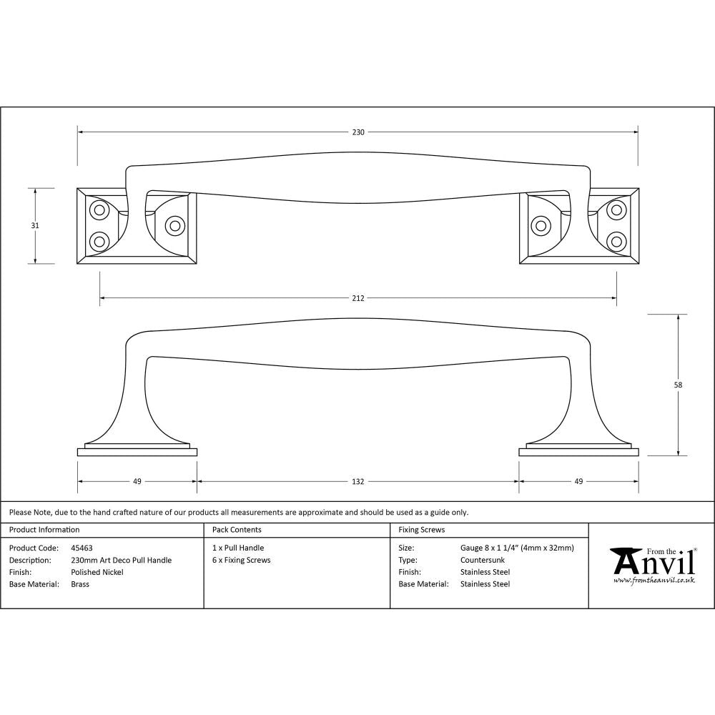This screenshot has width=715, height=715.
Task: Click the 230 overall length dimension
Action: point(358,132)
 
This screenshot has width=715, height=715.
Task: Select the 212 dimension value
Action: point(358,298)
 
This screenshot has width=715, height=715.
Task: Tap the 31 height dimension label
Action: point(35,225)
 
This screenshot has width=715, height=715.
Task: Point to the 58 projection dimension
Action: point(678,385)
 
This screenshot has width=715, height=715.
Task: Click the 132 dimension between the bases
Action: point(358,481)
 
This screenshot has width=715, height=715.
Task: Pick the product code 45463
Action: point(82,548)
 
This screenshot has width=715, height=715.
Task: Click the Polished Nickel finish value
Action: point(97,572)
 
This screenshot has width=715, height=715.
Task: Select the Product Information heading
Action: point(44,530)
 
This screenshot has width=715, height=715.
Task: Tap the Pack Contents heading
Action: point(237,530)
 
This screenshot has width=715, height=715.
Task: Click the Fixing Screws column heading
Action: point(422,530)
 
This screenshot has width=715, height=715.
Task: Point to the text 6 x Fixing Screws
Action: point(242,560)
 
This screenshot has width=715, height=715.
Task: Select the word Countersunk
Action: point(483,560)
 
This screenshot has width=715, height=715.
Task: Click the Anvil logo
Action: point(652,562)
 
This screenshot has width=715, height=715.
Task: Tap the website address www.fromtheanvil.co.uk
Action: point(654,581)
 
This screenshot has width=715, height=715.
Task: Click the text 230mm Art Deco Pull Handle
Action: point(122,560)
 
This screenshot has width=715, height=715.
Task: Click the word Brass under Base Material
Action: point(80,584)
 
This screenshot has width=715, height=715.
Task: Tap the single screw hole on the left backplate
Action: point(174,225)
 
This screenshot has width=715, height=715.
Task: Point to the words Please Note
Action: point(29,512)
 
